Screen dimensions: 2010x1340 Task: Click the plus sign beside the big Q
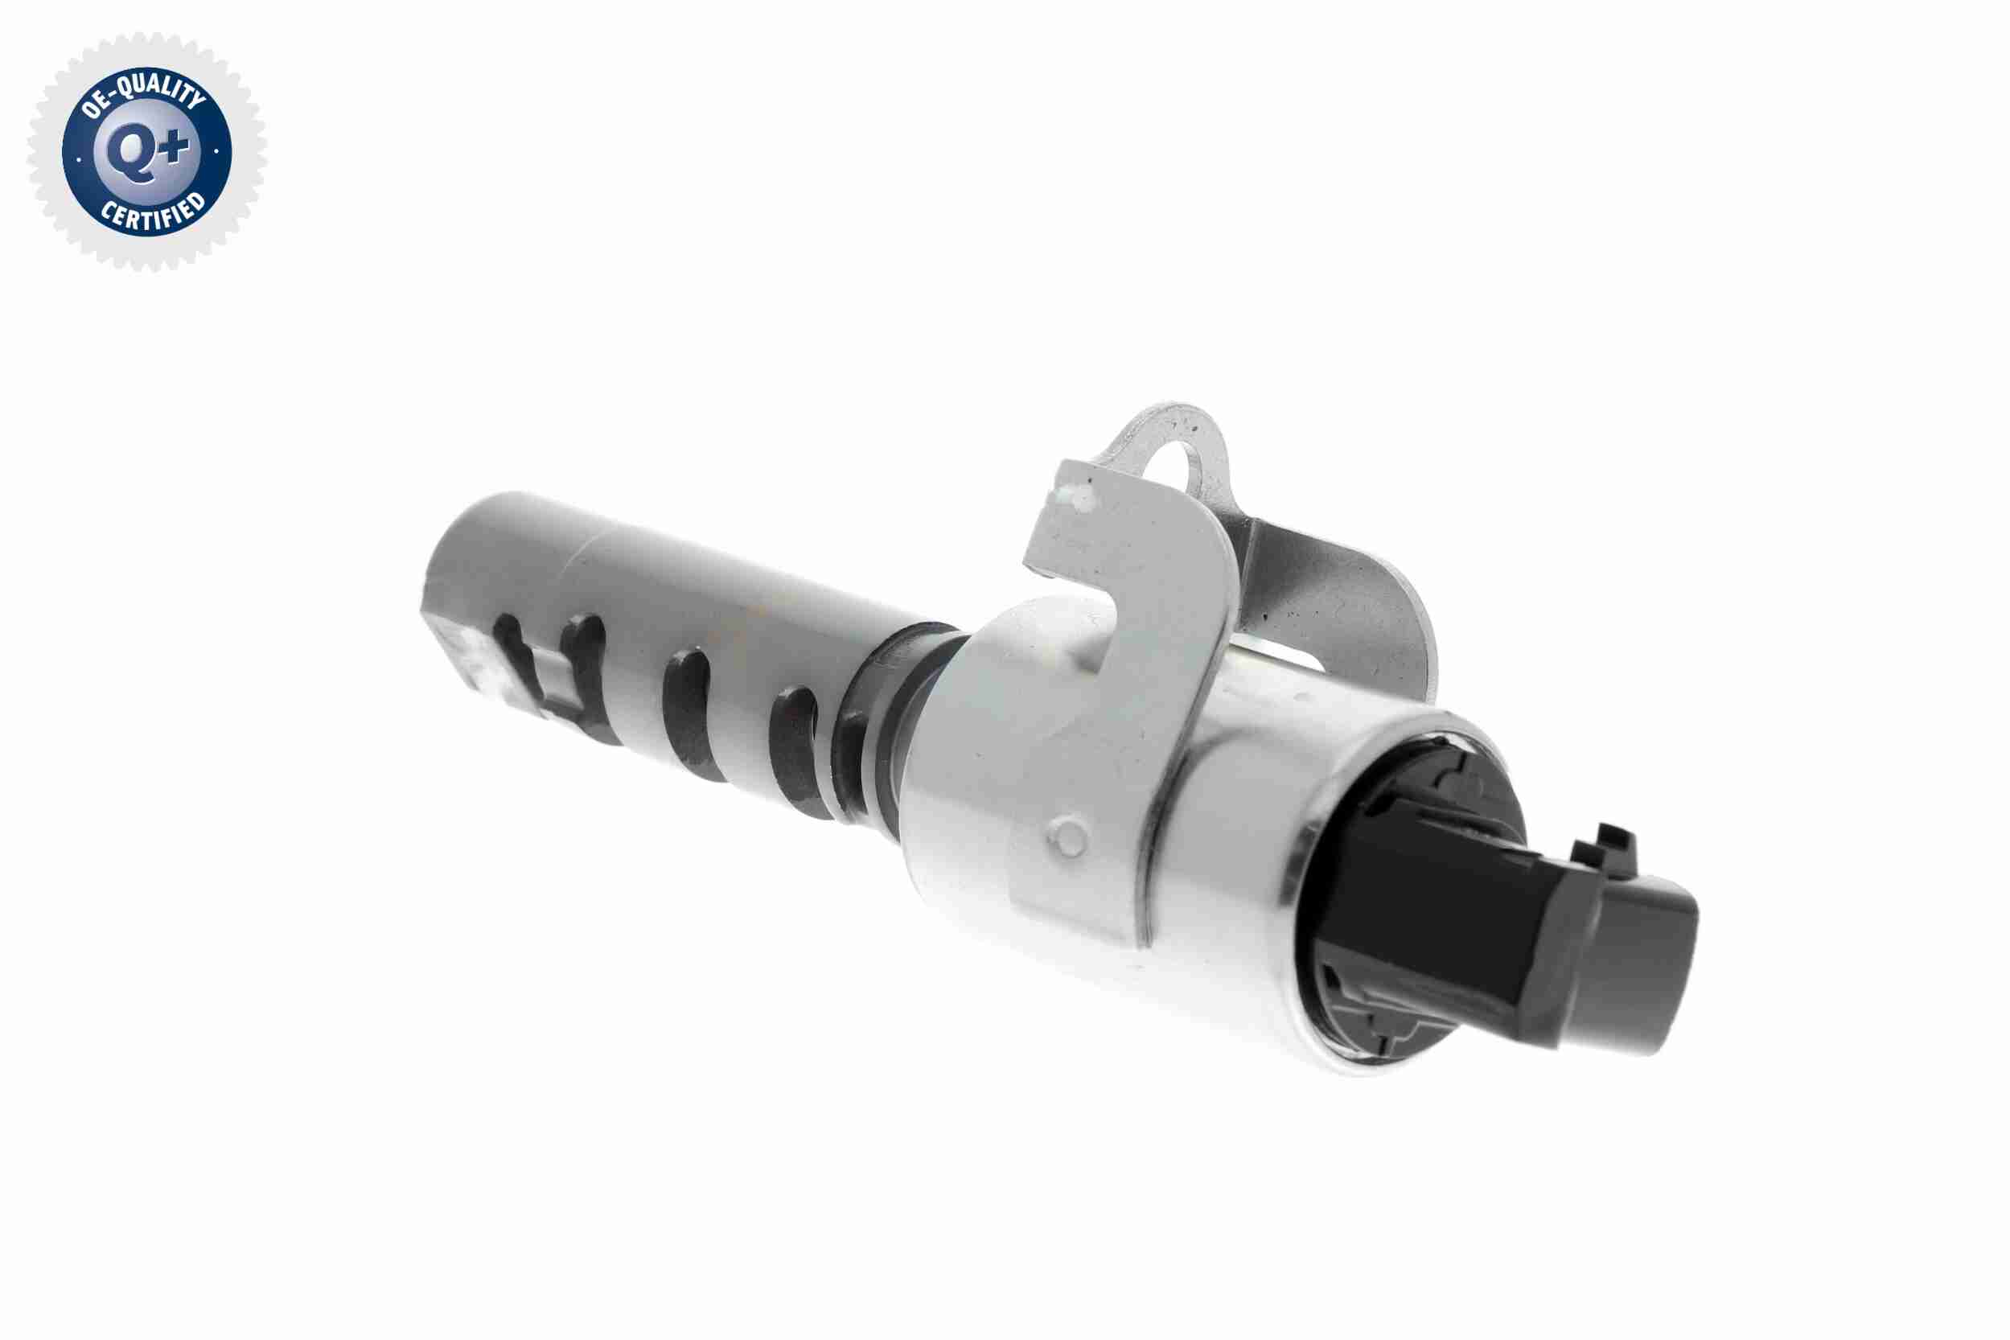pyautogui.click(x=175, y=148)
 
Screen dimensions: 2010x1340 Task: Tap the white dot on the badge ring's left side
pyautogui.click(x=80, y=158)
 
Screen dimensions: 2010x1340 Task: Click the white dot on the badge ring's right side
pyautogui.click(x=217, y=152)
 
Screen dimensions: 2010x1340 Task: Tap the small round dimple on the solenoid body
pyautogui.click(x=1068, y=836)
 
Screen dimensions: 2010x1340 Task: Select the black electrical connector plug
pyautogui.click(x=1504, y=923)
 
